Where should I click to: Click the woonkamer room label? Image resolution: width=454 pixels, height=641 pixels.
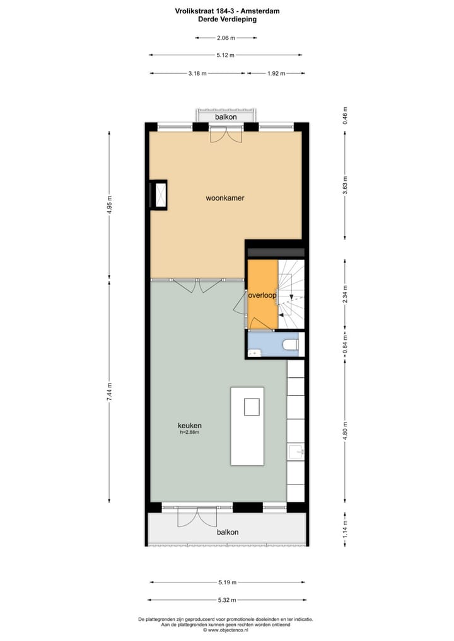pyautogui.click(x=224, y=198)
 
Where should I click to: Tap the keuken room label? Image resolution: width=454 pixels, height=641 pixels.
pyautogui.click(x=189, y=425)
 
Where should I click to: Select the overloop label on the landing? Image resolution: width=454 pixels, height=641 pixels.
pyautogui.click(x=262, y=294)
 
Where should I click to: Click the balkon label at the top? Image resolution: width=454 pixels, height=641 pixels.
pyautogui.click(x=226, y=117)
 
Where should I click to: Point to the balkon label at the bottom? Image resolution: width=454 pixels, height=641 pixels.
pyautogui.click(x=227, y=532)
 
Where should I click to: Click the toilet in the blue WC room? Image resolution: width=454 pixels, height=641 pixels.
pyautogui.click(x=291, y=344)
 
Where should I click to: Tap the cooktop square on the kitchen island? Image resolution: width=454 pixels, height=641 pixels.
pyautogui.click(x=252, y=407)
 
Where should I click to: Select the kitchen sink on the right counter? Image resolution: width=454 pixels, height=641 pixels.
pyautogui.click(x=296, y=451)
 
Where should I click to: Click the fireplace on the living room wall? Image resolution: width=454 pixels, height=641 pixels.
pyautogui.click(x=158, y=194)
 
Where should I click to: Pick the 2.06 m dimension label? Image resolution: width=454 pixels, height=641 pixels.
pyautogui.click(x=225, y=38)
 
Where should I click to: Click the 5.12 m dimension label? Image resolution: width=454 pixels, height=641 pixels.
pyautogui.click(x=225, y=55)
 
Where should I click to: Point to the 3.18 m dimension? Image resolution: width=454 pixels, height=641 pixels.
pyautogui.click(x=197, y=74)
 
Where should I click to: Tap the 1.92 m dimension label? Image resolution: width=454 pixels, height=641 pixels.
pyautogui.click(x=276, y=74)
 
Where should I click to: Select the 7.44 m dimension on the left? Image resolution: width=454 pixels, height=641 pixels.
pyautogui.click(x=110, y=393)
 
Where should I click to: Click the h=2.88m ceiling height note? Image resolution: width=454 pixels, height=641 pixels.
pyautogui.click(x=189, y=433)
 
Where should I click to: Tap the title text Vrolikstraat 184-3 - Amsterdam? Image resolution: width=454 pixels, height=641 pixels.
pyautogui.click(x=227, y=11)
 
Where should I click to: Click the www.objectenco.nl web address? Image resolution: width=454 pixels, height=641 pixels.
pyautogui.click(x=228, y=630)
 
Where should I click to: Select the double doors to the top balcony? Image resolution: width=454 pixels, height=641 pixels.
pyautogui.click(x=226, y=133)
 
